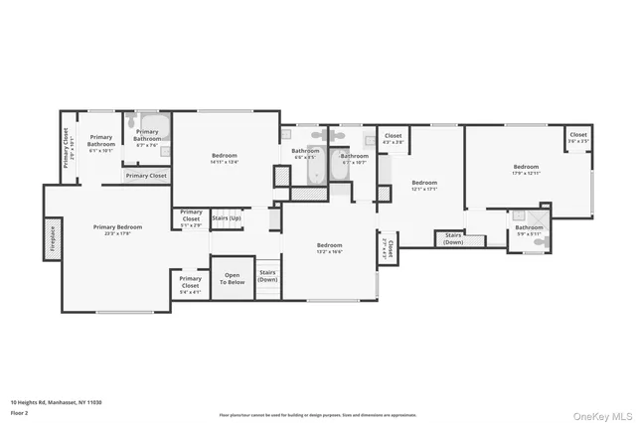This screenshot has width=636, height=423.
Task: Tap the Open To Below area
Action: click(233, 278)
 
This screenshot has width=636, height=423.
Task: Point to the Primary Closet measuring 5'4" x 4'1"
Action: click(190, 285)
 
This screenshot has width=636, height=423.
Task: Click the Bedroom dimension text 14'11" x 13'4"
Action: click(226, 162)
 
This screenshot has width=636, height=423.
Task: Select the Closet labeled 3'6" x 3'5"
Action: click(578, 137)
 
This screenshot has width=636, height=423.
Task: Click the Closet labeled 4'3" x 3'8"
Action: click(393, 139)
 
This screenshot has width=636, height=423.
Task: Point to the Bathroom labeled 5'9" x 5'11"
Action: click(529, 230)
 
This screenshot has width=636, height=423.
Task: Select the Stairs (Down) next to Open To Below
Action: click(267, 276)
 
